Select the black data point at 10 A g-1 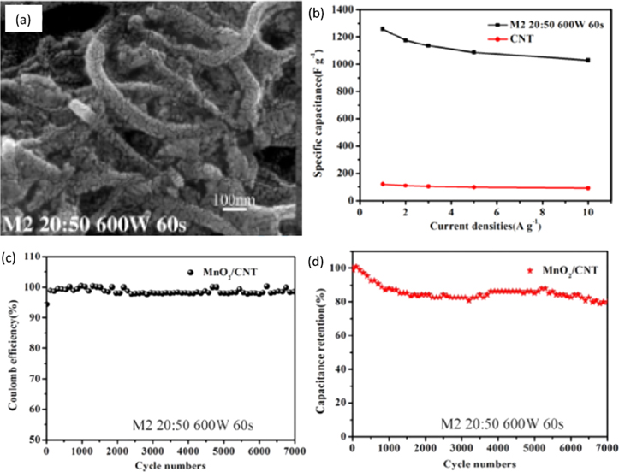coord(587,60)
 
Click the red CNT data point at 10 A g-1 coord(587,188)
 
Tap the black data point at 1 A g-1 coord(383,29)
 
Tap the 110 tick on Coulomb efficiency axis coord(33,256)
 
